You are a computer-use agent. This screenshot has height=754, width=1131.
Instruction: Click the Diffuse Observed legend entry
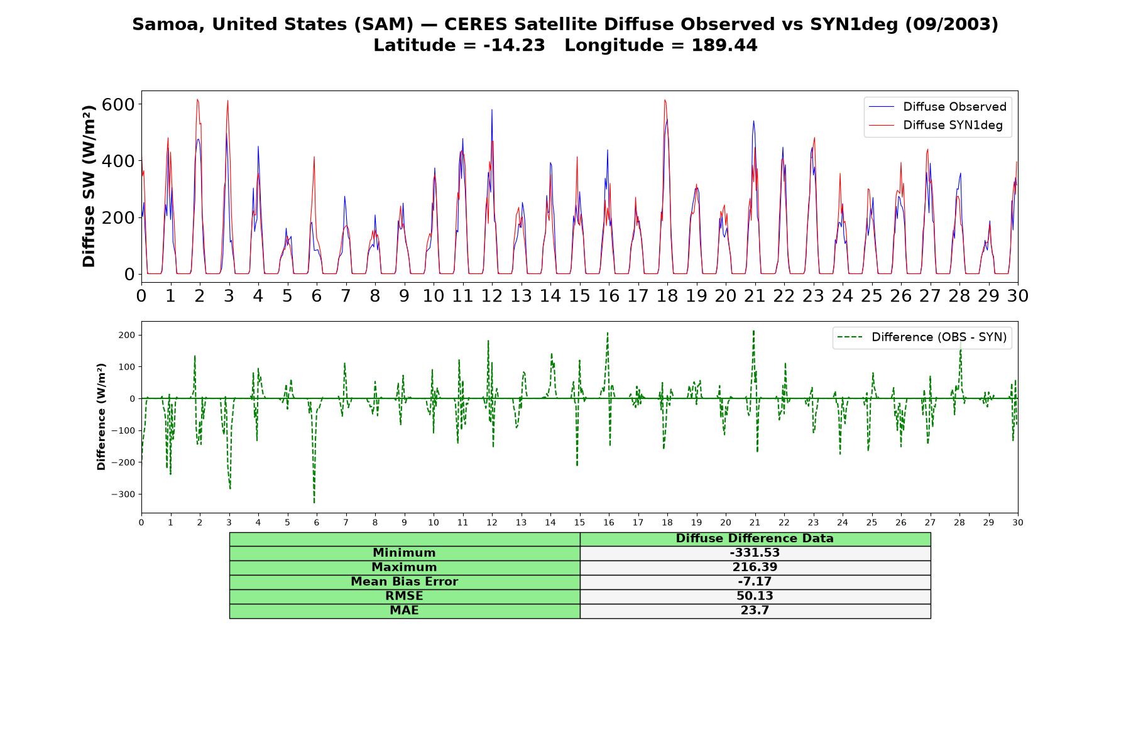coord(937,107)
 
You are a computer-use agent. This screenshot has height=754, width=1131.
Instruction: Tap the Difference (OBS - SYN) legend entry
coord(922,337)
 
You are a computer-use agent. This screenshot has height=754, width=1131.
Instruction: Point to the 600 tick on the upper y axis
coord(118,104)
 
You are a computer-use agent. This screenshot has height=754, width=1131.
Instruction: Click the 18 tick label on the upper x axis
coord(667,296)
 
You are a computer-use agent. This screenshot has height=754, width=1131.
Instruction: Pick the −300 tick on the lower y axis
coord(123,494)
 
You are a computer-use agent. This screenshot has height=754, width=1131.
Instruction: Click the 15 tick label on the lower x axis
coord(579,522)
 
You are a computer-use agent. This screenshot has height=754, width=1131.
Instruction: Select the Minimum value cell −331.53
coord(755,553)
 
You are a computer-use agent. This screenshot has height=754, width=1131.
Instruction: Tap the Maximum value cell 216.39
coord(755,567)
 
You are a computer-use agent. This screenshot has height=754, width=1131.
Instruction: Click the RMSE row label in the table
coord(404,596)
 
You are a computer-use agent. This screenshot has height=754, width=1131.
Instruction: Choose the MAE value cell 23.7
coord(755,611)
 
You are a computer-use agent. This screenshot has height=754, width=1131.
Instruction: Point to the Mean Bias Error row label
coord(404,582)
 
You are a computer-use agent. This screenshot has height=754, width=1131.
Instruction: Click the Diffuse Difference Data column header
coord(755,538)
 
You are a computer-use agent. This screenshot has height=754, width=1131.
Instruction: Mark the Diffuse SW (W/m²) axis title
coord(89,186)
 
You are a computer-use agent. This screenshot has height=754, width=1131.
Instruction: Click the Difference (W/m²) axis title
coord(101,417)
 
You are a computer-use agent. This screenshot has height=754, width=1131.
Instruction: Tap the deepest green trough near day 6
coord(314,503)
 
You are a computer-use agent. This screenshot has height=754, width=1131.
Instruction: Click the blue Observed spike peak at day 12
coord(492,110)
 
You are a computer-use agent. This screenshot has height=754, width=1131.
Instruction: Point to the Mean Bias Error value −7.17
coord(755,582)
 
